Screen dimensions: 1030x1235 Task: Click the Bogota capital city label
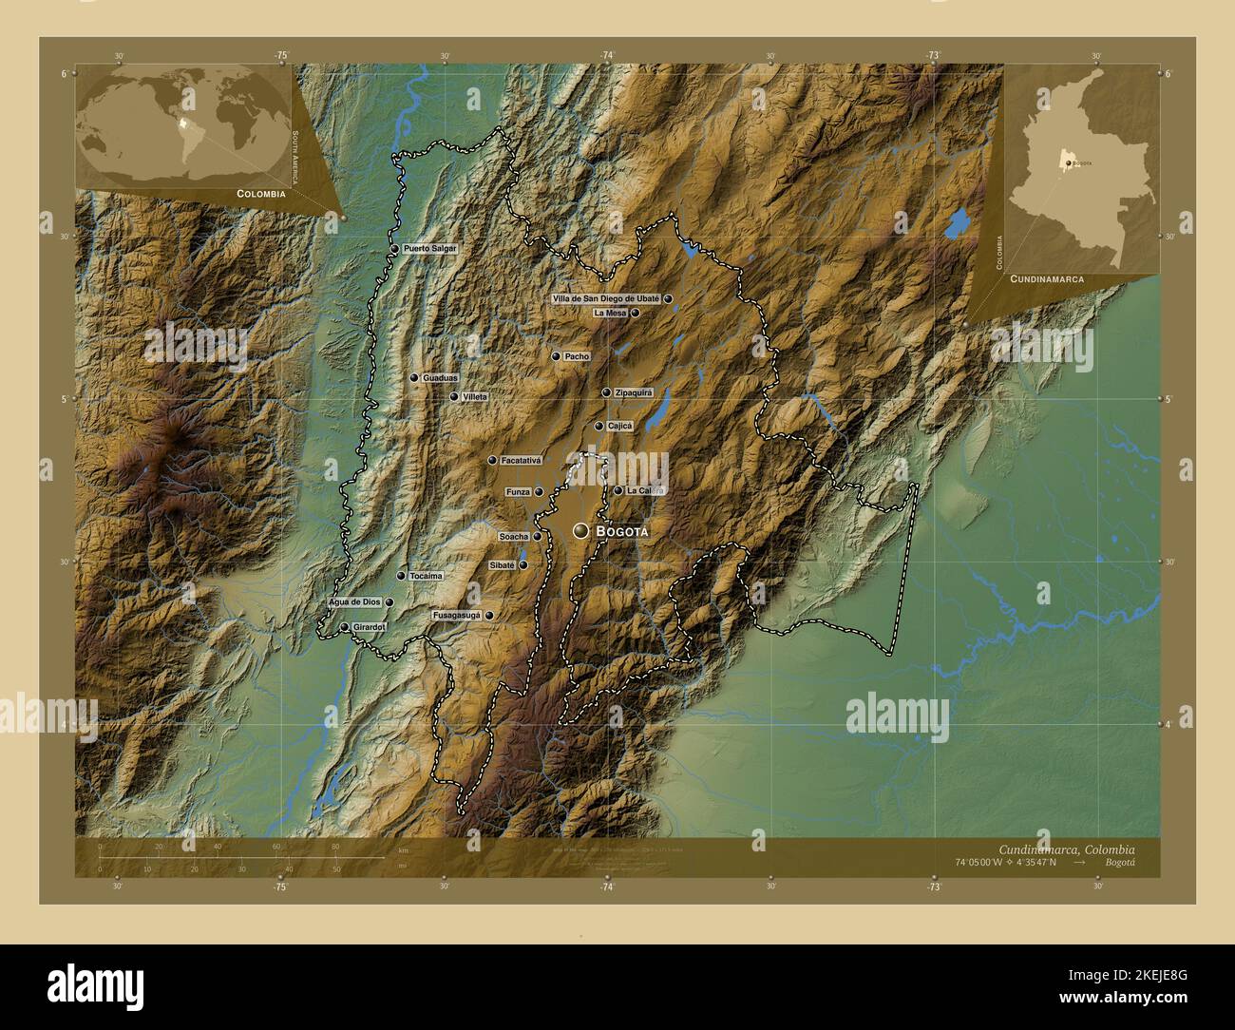click(623, 532)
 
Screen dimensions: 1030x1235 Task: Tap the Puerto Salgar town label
click(429, 249)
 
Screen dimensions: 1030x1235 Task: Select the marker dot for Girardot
click(344, 627)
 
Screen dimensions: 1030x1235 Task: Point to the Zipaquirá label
click(634, 392)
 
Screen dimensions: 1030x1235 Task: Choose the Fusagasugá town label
click(457, 616)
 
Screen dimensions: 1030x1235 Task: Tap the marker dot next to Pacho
click(556, 356)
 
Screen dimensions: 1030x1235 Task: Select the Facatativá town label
click(521, 461)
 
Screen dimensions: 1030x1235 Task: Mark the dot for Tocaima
click(401, 576)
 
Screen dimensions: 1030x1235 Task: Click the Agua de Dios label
click(354, 602)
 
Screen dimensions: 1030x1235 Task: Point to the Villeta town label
click(474, 397)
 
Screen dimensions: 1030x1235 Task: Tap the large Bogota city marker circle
click(580, 530)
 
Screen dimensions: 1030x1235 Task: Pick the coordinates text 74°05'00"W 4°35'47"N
click(1007, 863)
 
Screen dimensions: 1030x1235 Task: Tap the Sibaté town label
click(502, 565)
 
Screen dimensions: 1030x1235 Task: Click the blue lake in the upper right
click(957, 223)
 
